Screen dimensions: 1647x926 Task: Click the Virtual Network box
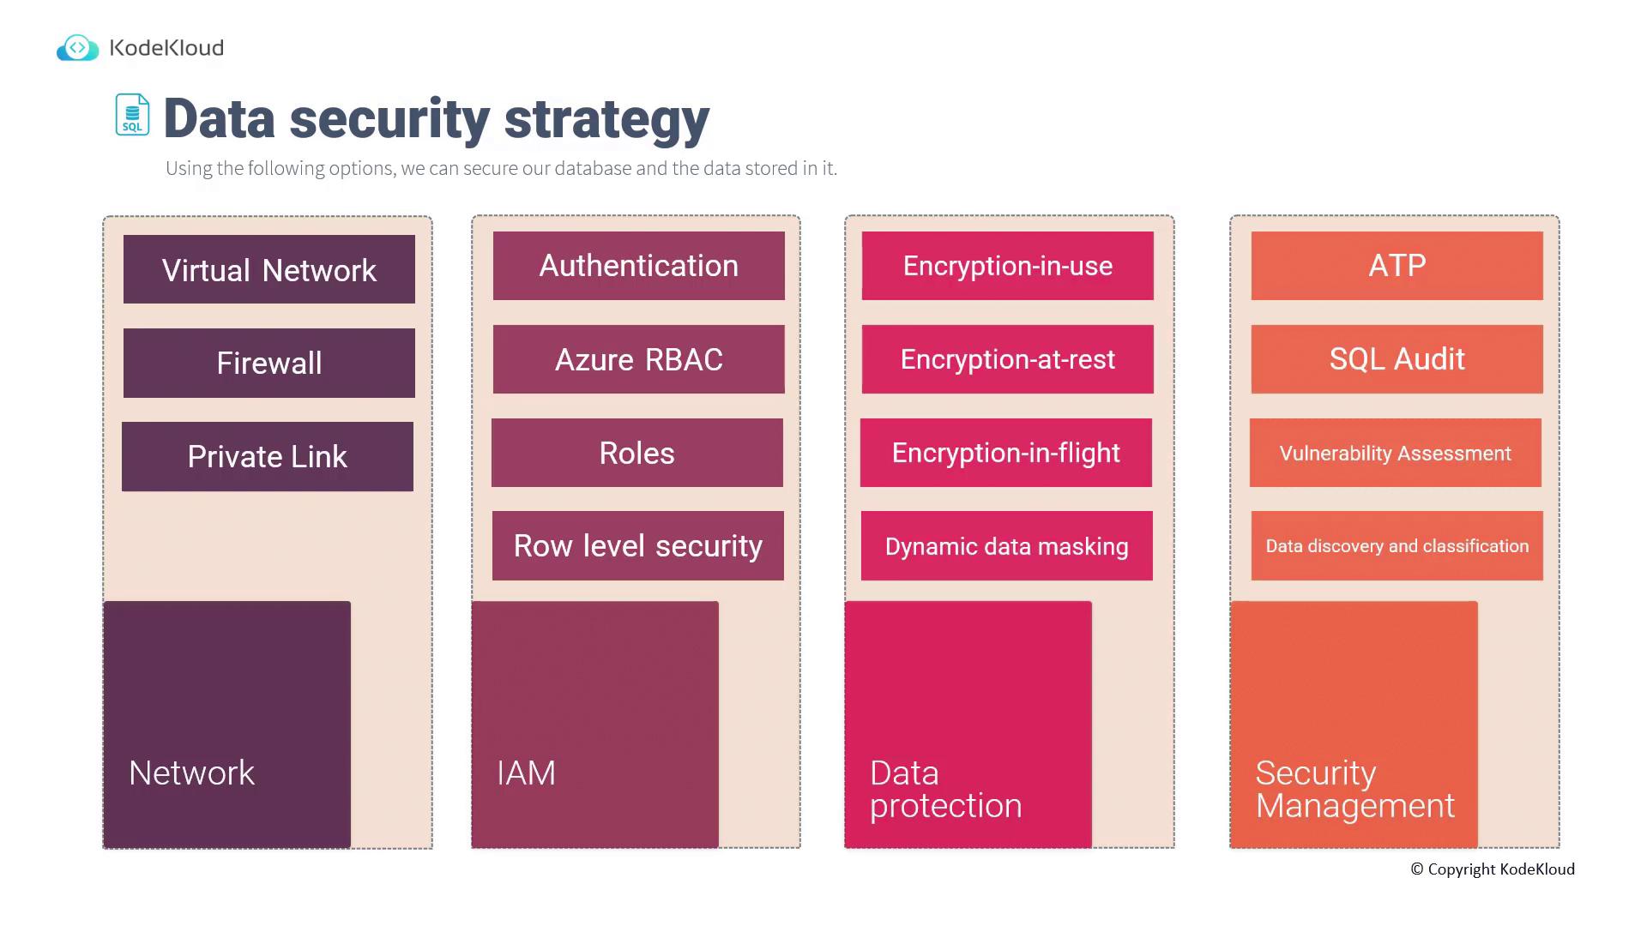[269, 269]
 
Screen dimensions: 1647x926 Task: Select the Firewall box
[269, 363]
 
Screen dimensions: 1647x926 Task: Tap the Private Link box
[268, 456]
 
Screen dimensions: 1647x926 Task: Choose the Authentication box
[639, 266]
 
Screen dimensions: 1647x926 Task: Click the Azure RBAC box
[639, 359]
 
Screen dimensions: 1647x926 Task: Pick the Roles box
[637, 453]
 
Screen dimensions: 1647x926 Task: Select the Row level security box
[638, 545]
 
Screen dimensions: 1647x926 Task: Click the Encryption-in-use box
[1008, 266]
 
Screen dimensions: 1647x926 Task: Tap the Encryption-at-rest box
[1008, 359]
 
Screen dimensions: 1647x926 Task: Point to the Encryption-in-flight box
[1006, 453]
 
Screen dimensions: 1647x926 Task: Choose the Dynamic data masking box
[1007, 545]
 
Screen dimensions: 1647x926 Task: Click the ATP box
[1397, 266]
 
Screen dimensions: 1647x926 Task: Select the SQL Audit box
[1397, 359]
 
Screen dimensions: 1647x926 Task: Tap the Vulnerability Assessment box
[1396, 453]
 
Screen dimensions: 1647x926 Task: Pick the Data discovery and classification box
[1397, 545]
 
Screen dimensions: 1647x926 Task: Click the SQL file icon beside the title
[132, 115]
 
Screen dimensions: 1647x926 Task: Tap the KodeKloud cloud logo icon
[77, 48]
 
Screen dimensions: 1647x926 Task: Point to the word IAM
[526, 773]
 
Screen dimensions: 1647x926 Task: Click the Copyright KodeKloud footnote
[1493, 869]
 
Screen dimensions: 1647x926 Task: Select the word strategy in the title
[606, 119]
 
